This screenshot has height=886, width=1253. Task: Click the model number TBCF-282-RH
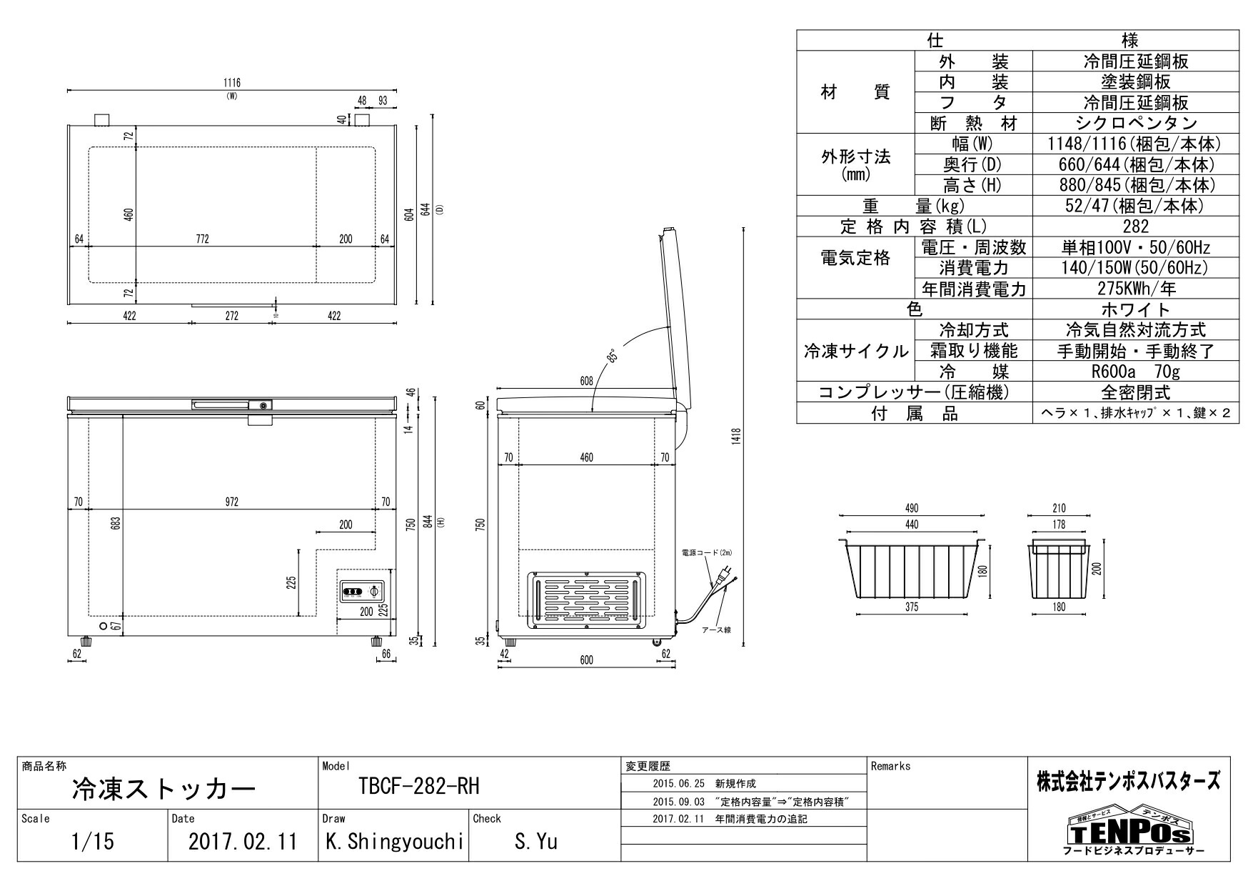[419, 787]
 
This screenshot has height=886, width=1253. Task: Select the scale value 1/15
[93, 842]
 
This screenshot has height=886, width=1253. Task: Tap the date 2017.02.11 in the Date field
[243, 842]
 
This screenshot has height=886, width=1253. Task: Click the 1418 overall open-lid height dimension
[736, 435]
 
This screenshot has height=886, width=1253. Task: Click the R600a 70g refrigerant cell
[1135, 372]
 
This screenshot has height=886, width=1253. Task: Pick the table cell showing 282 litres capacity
[1135, 227]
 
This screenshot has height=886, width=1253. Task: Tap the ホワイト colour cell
[1135, 309]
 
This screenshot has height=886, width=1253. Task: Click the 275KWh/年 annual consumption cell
[1135, 289]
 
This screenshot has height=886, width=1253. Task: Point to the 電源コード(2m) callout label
[707, 552]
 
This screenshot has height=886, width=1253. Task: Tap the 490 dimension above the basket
[912, 508]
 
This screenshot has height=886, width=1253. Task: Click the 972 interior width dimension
[231, 502]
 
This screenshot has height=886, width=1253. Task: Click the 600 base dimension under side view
[586, 660]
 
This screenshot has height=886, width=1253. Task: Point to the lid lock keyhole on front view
[264, 406]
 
